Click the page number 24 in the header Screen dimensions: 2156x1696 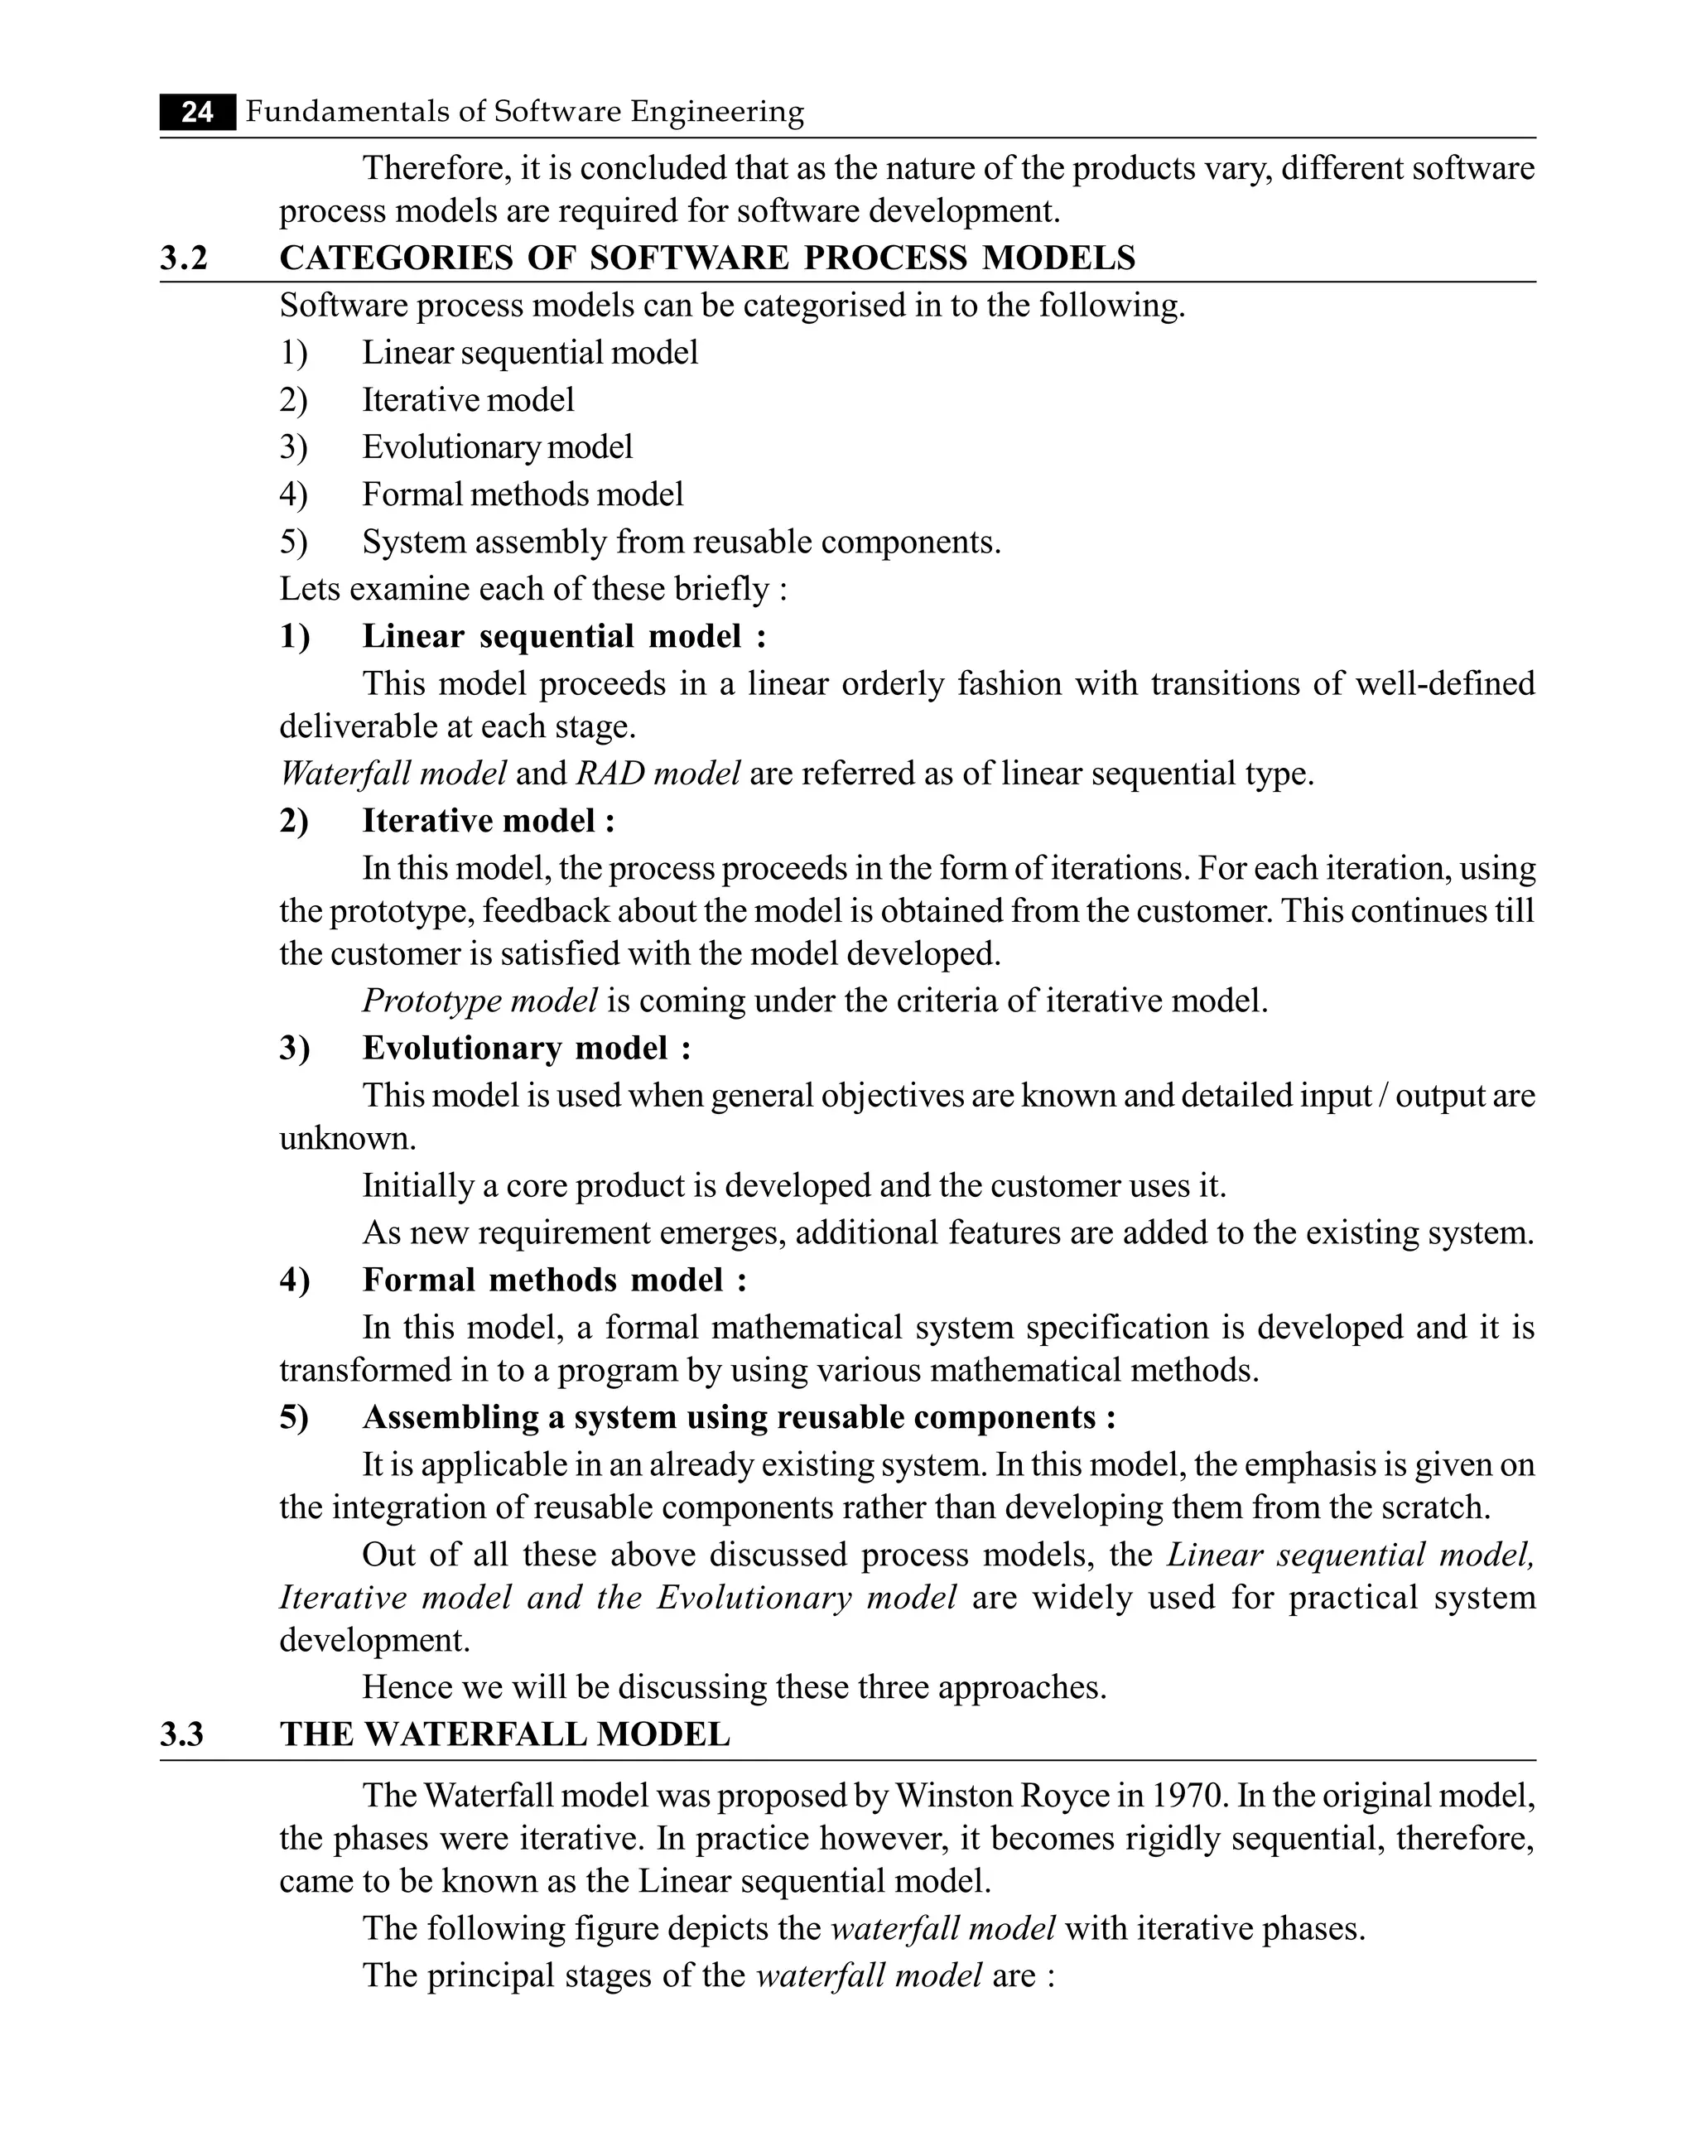pos(198,112)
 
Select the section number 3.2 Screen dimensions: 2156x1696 pos(185,258)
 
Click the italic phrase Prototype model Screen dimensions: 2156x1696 pos(479,1000)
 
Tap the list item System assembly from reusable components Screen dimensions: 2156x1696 pos(682,543)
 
